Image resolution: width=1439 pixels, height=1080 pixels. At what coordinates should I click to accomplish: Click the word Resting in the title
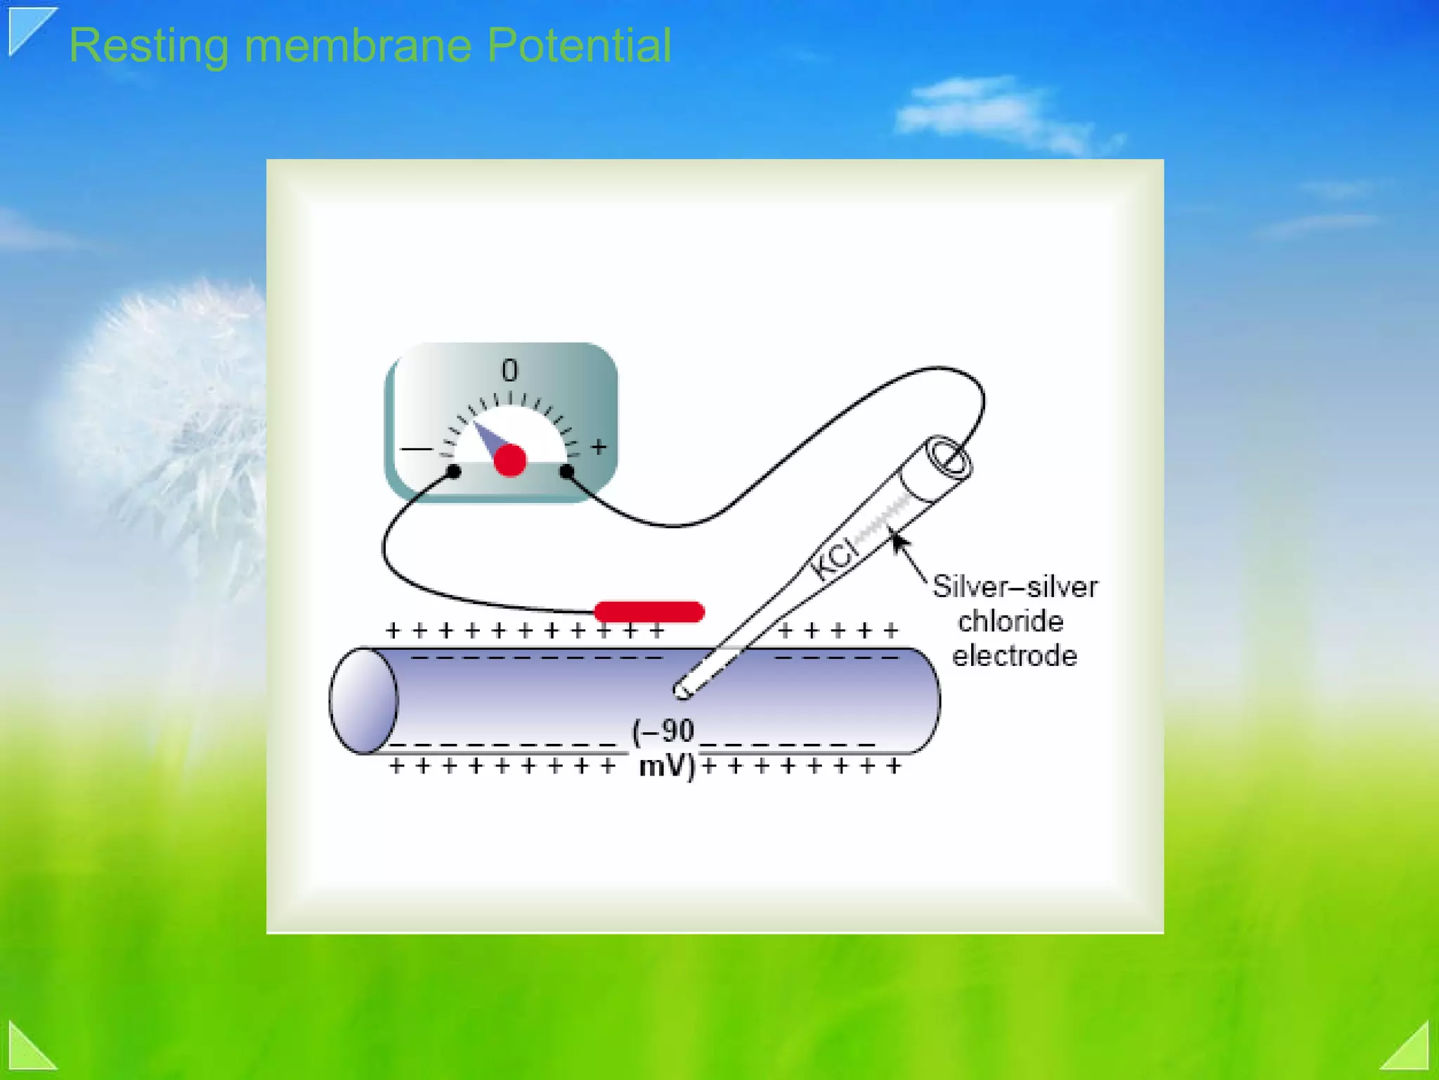point(149,46)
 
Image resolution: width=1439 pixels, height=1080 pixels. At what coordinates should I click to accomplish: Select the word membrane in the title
point(358,46)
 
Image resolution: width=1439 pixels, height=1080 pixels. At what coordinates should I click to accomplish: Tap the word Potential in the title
point(579,46)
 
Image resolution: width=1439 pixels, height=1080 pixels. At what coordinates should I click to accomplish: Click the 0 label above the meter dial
point(509,371)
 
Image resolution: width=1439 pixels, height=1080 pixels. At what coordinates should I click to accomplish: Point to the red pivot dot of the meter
point(510,461)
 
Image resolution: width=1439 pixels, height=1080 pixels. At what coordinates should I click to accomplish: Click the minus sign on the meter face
point(416,449)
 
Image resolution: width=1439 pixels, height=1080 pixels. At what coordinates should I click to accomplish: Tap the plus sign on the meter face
point(599,447)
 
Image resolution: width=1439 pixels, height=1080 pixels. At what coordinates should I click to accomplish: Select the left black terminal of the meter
point(454,471)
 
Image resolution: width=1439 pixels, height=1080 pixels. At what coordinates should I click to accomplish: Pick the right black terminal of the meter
point(567,471)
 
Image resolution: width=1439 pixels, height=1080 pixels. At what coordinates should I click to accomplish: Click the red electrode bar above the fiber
point(649,612)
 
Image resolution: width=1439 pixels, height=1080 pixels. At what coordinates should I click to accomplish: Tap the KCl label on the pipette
point(835,558)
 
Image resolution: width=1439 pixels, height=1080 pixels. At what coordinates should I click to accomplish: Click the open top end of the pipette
point(949,458)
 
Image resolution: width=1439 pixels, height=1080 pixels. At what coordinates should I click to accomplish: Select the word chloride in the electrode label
point(1010,622)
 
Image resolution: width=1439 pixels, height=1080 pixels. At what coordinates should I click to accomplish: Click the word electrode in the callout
point(1014,656)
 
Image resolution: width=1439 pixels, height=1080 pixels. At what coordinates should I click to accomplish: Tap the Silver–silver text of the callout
point(1015,587)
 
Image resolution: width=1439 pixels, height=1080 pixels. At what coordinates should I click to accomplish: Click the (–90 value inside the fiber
point(663,731)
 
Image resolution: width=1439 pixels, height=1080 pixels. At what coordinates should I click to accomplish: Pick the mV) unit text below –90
point(667,766)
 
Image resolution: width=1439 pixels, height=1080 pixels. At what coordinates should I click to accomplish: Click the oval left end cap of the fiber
point(364,700)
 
